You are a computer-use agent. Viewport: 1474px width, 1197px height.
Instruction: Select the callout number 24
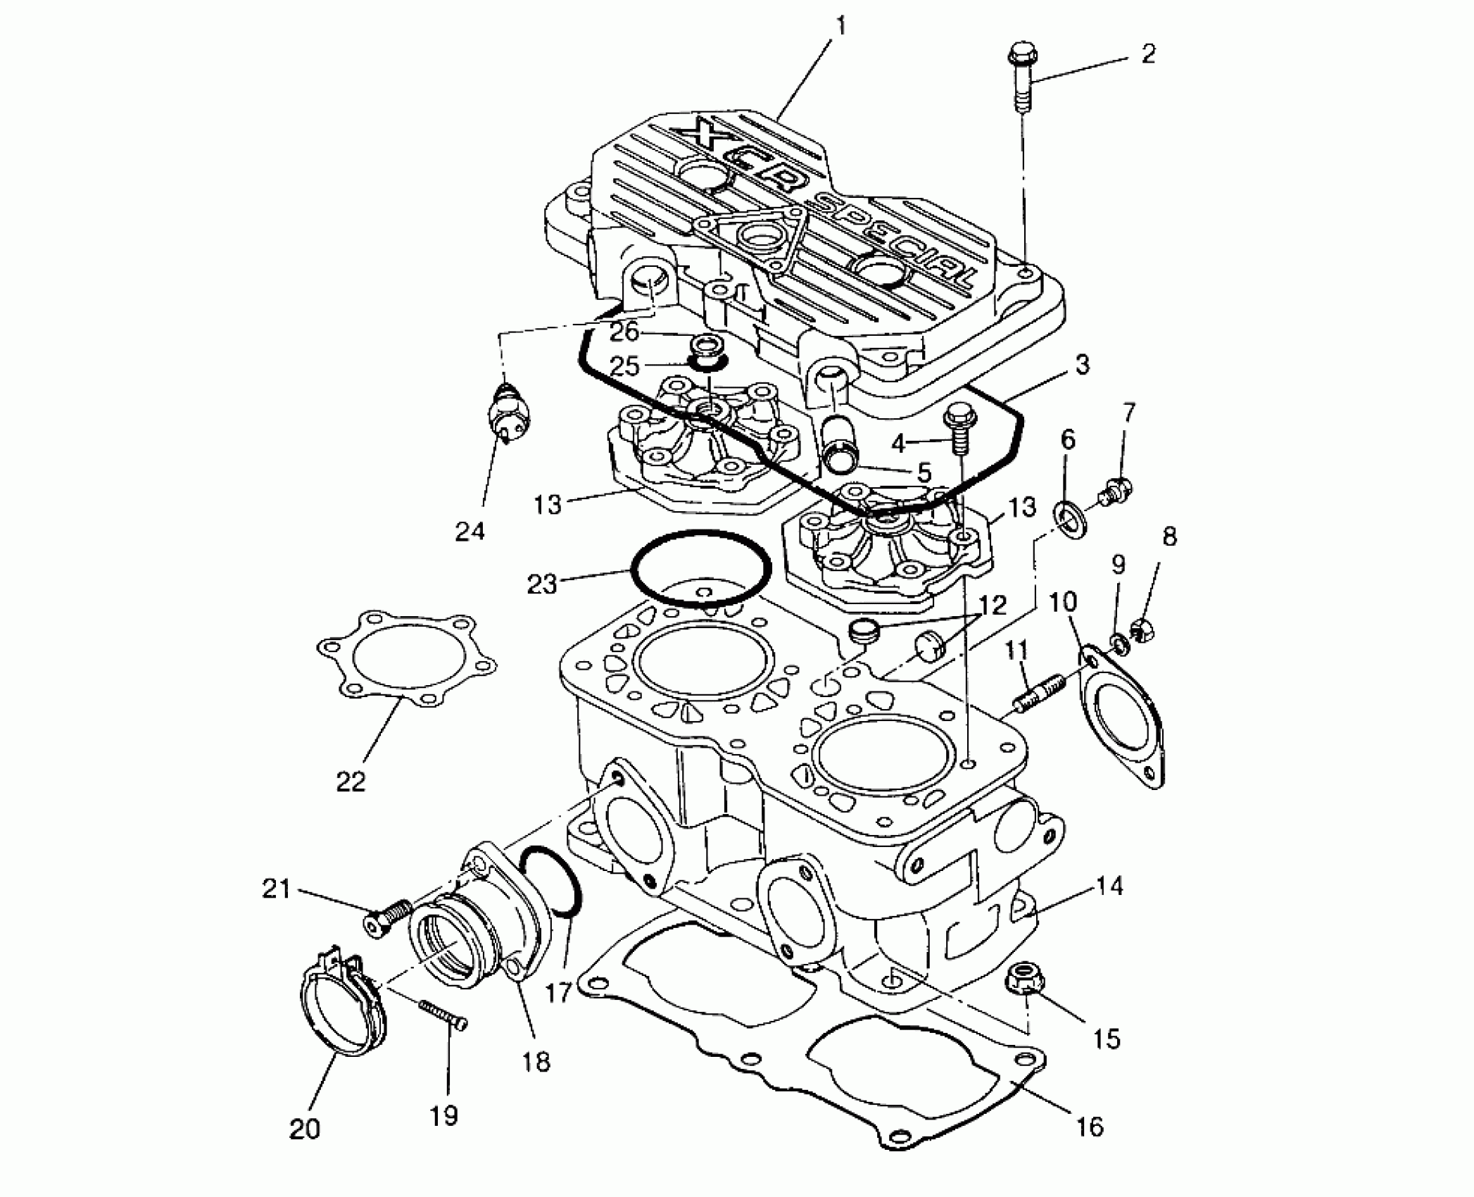(470, 531)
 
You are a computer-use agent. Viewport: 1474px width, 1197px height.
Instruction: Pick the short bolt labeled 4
(960, 430)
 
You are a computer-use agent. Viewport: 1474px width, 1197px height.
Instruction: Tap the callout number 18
(536, 1061)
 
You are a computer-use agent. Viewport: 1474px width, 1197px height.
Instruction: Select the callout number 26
(623, 331)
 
